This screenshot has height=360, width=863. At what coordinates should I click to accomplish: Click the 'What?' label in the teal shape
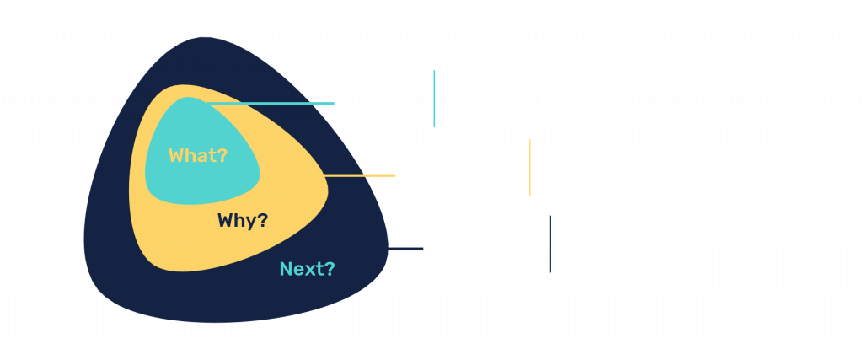pyautogui.click(x=198, y=155)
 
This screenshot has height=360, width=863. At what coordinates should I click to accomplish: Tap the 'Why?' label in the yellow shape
pyautogui.click(x=243, y=221)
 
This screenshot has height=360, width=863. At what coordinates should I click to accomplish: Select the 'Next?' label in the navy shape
pyautogui.click(x=307, y=270)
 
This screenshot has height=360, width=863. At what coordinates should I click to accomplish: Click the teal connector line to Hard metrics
pyautogui.click(x=270, y=104)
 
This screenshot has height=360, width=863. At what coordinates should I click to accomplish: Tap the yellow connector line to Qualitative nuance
pyautogui.click(x=358, y=175)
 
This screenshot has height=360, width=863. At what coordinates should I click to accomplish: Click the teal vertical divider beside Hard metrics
pyautogui.click(x=434, y=99)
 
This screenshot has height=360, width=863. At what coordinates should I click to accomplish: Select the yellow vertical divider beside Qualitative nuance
pyautogui.click(x=530, y=168)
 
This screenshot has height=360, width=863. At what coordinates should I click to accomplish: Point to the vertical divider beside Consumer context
pyautogui.click(x=550, y=244)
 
